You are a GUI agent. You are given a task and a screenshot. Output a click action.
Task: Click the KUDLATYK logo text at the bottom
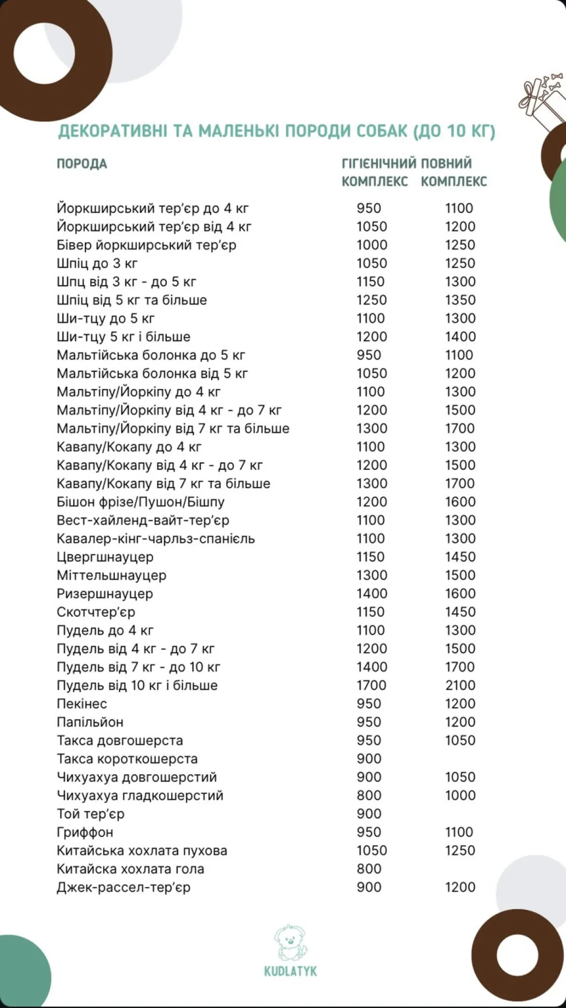(290, 971)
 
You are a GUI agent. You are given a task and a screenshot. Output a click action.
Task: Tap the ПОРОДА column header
(82, 164)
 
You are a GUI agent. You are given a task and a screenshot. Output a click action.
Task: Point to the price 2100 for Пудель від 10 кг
(460, 685)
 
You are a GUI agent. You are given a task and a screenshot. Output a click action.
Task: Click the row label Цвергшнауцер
(105, 557)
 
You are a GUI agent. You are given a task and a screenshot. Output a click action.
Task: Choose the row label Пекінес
(82, 704)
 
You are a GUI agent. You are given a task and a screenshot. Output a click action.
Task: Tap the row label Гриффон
(85, 832)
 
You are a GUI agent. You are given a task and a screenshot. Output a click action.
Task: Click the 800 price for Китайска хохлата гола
(369, 869)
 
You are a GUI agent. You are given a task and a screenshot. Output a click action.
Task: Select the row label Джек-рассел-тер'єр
(123, 887)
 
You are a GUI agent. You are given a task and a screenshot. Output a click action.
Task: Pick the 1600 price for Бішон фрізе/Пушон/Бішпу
(460, 502)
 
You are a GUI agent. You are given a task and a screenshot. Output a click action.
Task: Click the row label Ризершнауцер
(104, 594)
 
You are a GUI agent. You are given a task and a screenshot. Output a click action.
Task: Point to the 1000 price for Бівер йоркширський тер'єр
(372, 245)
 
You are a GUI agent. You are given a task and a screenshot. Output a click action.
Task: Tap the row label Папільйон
(90, 722)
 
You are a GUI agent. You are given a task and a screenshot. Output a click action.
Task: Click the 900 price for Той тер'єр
(369, 814)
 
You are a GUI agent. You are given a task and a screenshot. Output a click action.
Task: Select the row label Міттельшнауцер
(111, 575)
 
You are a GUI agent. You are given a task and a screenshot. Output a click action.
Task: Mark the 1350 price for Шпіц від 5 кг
(460, 300)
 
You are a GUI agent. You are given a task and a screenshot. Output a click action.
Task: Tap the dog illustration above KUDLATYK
(290, 941)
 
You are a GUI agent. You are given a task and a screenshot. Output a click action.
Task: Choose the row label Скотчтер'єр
(96, 612)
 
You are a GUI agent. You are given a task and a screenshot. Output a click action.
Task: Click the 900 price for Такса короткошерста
(369, 759)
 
